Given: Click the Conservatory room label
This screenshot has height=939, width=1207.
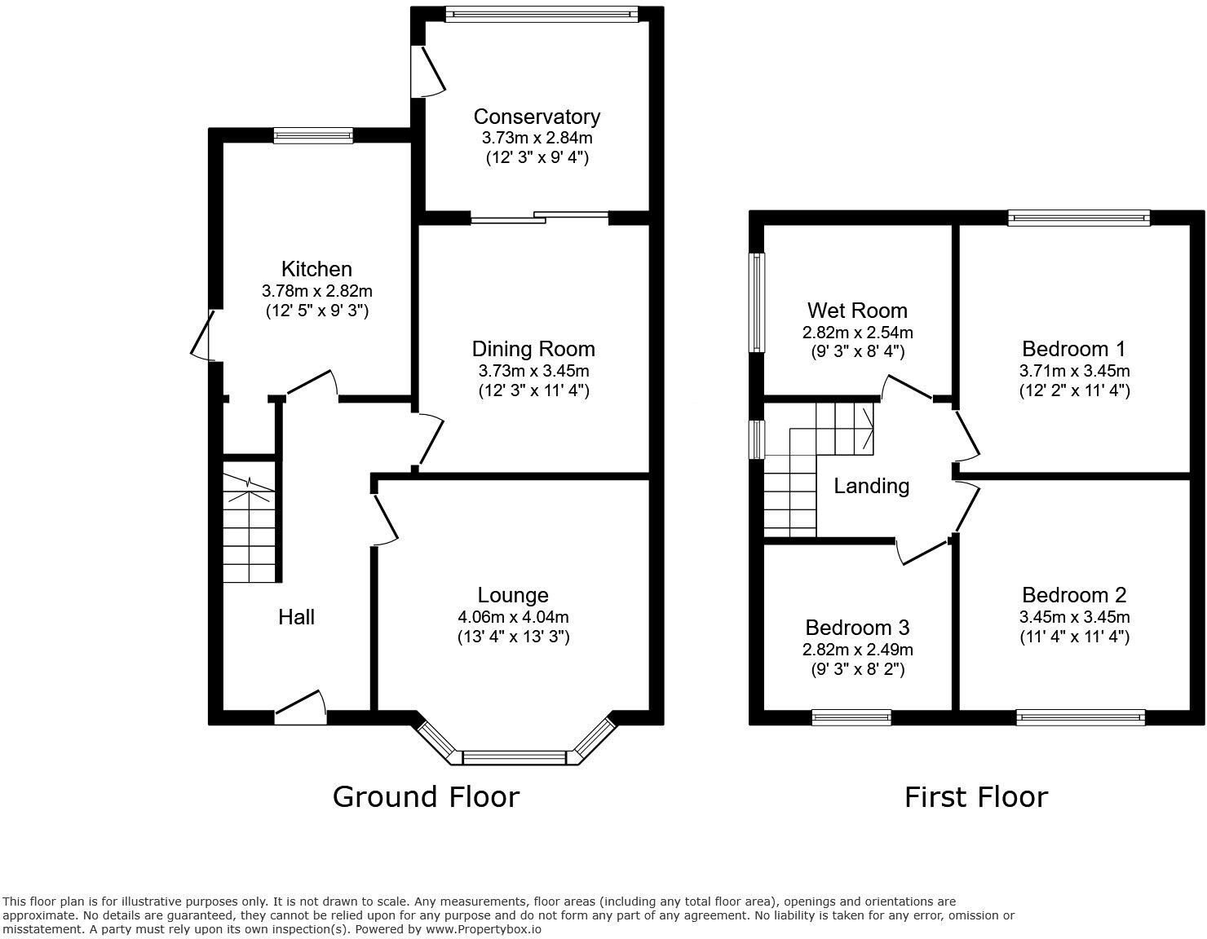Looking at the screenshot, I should point(537,117).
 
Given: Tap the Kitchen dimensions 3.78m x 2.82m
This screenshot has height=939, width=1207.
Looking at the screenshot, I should point(317,290).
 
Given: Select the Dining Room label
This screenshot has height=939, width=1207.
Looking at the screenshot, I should point(533,349).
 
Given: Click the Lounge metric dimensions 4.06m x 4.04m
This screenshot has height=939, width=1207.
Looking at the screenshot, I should point(513,617).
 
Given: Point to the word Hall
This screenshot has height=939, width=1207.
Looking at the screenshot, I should point(296,617).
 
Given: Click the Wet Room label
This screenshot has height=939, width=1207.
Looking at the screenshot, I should point(857,311).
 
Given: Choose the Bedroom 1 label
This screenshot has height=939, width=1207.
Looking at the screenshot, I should point(1073,349).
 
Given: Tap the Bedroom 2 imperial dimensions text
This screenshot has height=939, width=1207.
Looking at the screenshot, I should point(1074,637).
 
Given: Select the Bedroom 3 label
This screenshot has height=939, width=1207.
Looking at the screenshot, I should point(857,628).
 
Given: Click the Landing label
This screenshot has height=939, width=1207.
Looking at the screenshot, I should point(871,487).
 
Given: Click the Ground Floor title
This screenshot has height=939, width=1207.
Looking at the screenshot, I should point(426,796).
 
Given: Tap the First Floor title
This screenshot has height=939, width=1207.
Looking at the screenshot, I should point(975,796).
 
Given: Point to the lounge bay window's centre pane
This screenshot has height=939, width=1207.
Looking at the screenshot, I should point(514,758).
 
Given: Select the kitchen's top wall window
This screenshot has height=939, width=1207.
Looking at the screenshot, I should point(313,136).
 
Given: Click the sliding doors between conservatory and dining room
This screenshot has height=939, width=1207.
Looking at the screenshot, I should point(540,217).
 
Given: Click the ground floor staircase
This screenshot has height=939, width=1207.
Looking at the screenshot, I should point(249,530).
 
